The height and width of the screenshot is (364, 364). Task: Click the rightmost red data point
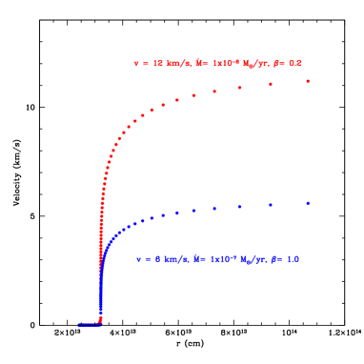pyautogui.click(x=308, y=81)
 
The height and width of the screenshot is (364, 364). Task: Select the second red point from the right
pyautogui.click(x=271, y=84)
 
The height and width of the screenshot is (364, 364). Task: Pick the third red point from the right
pyautogui.click(x=239, y=88)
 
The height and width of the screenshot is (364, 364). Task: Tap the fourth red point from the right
pyautogui.click(x=214, y=91)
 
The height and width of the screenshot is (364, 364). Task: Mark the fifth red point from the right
pyautogui.click(x=194, y=95)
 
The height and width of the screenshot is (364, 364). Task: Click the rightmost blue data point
pyautogui.click(x=308, y=203)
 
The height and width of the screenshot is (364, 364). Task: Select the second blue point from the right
pyautogui.click(x=271, y=205)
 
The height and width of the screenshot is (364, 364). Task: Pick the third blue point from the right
pyautogui.click(x=239, y=207)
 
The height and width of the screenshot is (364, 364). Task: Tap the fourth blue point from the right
pyautogui.click(x=214, y=209)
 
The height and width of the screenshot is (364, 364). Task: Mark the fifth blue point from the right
pyautogui.click(x=194, y=211)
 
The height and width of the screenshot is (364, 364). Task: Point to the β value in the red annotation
pyautogui.click(x=290, y=63)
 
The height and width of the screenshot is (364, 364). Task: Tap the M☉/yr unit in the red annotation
pyautogui.click(x=253, y=63)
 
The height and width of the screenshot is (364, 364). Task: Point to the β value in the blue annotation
pyautogui.click(x=286, y=259)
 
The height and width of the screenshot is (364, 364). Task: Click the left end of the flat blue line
pyautogui.click(x=79, y=325)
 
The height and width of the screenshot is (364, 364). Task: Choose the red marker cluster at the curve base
pyautogui.click(x=100, y=318)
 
